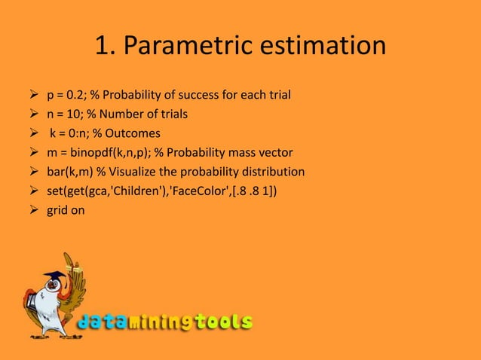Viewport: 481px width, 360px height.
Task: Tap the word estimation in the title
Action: coord(325,47)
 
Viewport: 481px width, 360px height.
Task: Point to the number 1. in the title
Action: coord(104,47)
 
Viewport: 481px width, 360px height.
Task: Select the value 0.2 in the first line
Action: coord(78,96)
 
